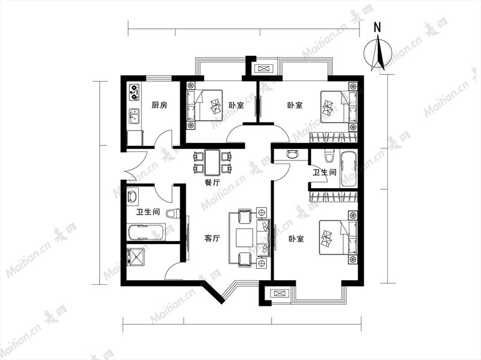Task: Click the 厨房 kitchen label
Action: (159, 105)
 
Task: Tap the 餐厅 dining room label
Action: (213, 183)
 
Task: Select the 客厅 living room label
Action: (212, 238)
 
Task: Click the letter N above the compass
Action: (378, 27)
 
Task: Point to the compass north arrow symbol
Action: (378, 53)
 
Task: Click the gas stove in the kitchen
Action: (134, 93)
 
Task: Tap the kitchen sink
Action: (134, 116)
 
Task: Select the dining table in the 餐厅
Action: (212, 162)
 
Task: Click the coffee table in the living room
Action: (244, 237)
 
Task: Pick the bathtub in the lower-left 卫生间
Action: (146, 233)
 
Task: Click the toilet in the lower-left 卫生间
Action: (173, 213)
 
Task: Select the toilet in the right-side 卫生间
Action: (329, 156)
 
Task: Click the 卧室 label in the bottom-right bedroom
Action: (296, 239)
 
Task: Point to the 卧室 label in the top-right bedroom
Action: (295, 105)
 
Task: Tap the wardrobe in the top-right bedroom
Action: (334, 138)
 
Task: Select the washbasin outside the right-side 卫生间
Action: (292, 154)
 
